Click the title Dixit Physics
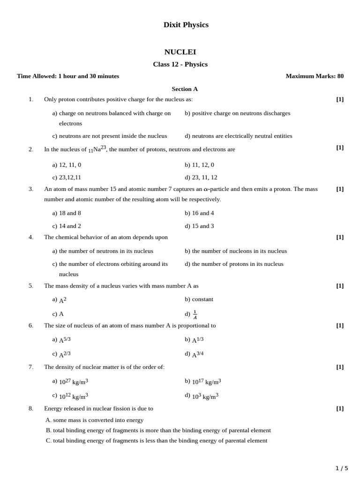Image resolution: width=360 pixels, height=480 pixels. tap(186, 25)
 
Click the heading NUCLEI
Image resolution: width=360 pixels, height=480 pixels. tap(180, 52)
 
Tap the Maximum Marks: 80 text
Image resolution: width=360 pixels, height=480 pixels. tap(315, 76)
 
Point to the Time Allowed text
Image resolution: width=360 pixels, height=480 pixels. tap(68, 76)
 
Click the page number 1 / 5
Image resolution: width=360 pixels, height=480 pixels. tap(342, 468)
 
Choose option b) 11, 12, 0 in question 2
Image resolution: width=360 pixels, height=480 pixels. tap(199, 165)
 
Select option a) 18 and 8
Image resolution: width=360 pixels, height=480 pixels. tap(67, 213)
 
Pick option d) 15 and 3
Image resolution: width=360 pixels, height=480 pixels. tap(199, 225)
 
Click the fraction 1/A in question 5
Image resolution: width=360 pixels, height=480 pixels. tap(195, 315)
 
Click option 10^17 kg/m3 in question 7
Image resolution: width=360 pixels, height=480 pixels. tap(206, 382)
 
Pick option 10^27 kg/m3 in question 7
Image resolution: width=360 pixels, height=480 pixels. tap(73, 382)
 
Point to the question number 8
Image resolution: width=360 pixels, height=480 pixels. tap(31, 408)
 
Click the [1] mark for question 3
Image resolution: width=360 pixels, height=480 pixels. tap(340, 189)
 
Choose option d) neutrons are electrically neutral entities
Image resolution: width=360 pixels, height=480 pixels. tap(238, 136)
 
